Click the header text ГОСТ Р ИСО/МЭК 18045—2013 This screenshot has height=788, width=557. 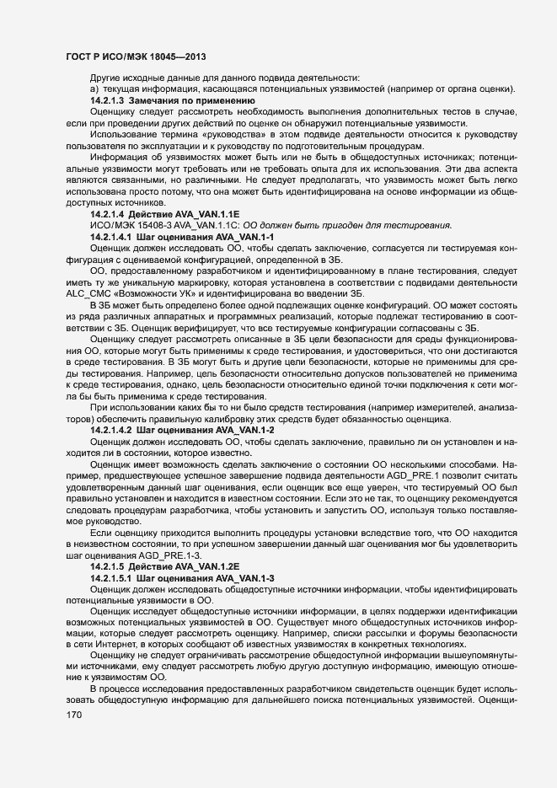click(137, 56)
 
